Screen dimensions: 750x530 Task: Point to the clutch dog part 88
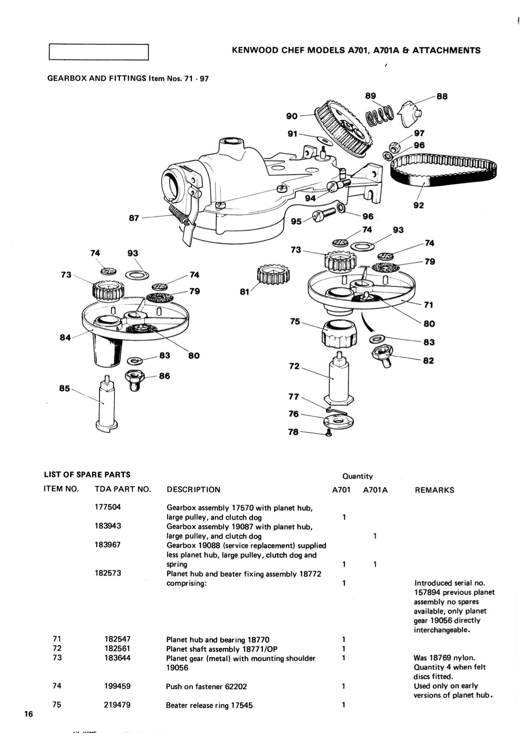tap(410, 112)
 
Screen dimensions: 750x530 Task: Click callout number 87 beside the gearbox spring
tap(134, 218)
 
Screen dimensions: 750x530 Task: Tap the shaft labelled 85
tap(107, 404)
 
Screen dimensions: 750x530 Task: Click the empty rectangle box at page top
tap(99, 52)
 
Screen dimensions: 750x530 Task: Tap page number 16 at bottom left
tap(29, 714)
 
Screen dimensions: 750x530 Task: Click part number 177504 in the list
tap(108, 507)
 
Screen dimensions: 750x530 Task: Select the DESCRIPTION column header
tap(193, 490)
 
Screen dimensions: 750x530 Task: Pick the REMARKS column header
tap(434, 490)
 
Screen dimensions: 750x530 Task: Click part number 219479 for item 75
tap(117, 705)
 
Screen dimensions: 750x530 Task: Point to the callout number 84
tap(65, 338)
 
